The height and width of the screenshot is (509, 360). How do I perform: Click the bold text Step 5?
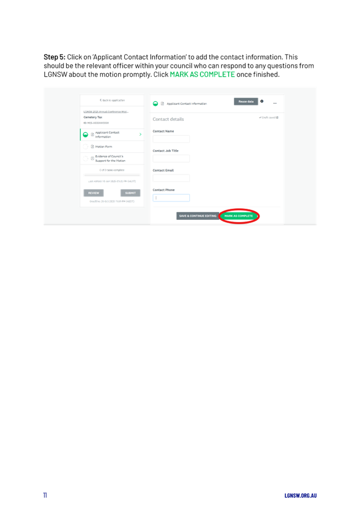[x=55, y=57]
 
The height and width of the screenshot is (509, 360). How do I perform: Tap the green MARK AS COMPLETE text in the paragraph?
[x=202, y=75]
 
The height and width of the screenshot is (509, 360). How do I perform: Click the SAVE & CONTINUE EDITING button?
[x=198, y=216]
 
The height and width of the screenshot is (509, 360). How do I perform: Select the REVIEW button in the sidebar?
[x=93, y=193]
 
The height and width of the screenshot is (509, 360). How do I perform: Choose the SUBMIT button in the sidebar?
[x=130, y=193]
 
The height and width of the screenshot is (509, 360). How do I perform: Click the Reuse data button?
[x=245, y=102]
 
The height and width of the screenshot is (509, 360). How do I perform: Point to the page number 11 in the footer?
[x=45, y=495]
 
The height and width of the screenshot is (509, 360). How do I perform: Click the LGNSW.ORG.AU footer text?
[x=300, y=495]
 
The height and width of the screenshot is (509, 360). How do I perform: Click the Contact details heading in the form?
[x=168, y=119]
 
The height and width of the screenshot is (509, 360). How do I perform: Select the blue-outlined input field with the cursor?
[x=171, y=198]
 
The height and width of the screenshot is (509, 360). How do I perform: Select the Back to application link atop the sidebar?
[x=112, y=100]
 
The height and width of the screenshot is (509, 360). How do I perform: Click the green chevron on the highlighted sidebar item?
[x=140, y=134]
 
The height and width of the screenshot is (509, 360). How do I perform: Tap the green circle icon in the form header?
[x=156, y=103]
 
